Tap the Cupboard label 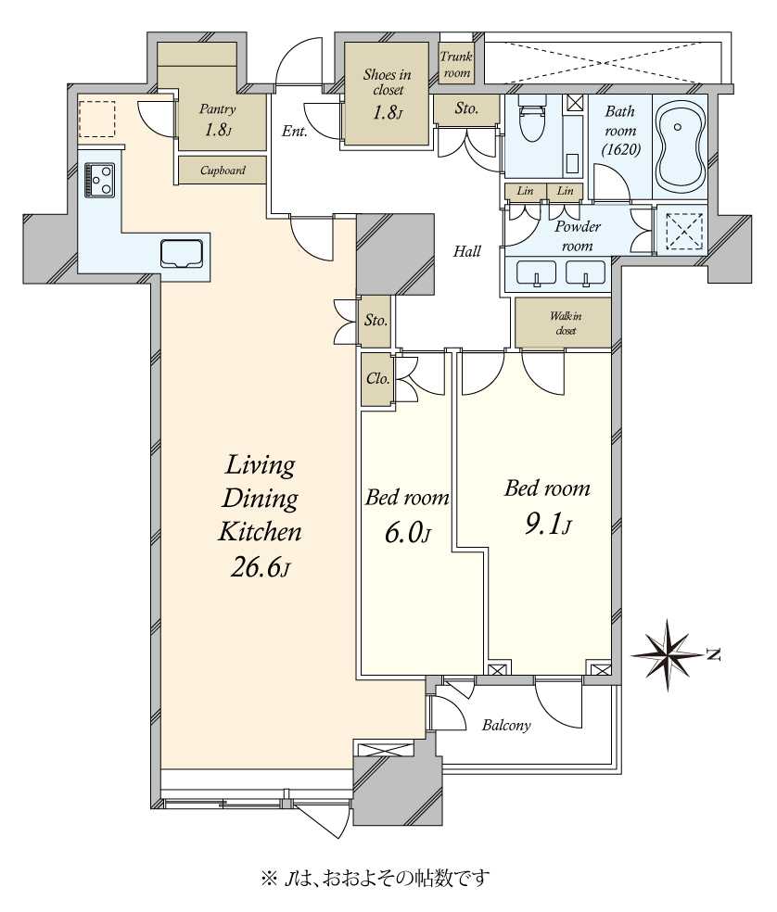pyautogui.click(x=223, y=171)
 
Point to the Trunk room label pyautogui.click(x=456, y=65)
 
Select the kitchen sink pyautogui.click(x=183, y=254)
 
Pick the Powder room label pyautogui.click(x=578, y=236)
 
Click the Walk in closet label pyautogui.click(x=566, y=323)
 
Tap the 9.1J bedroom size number pyautogui.click(x=548, y=526)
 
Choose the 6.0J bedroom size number pyautogui.click(x=407, y=533)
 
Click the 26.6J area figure pyautogui.click(x=260, y=567)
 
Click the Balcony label pyautogui.click(x=506, y=726)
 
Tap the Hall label pyautogui.click(x=466, y=251)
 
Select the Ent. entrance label pyautogui.click(x=295, y=132)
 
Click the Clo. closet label pyautogui.click(x=377, y=379)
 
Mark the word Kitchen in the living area pyautogui.click(x=260, y=532)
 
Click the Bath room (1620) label pyautogui.click(x=620, y=131)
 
